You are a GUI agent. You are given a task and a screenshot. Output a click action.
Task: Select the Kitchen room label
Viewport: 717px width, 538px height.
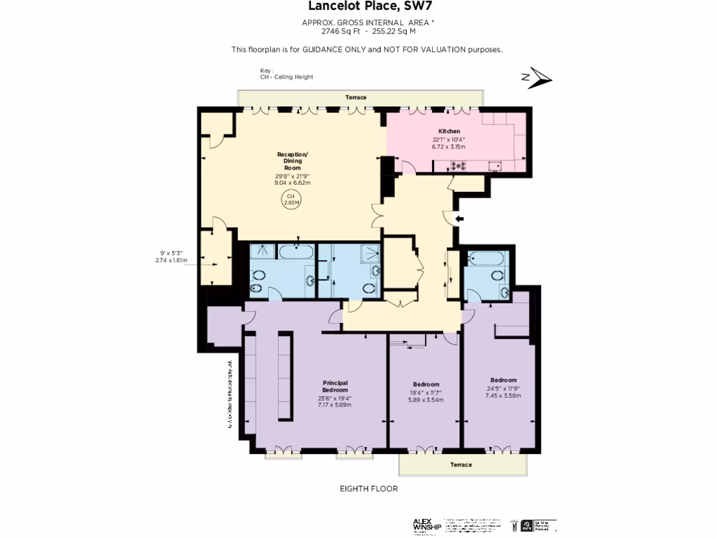pos(449,131)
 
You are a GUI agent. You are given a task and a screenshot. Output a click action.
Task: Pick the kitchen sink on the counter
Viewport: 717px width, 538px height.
pos(495,166)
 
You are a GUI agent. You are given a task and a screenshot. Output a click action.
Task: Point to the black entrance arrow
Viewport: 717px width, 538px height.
pos(459,219)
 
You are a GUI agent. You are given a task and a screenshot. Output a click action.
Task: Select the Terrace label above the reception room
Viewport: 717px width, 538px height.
pos(356,97)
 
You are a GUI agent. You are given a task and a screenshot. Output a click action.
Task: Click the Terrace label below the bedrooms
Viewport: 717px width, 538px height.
pos(461,465)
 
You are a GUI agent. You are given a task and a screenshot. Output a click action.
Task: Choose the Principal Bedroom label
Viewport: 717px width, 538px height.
pos(335,386)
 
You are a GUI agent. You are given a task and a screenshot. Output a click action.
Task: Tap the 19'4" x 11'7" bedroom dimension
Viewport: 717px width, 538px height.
pos(426,393)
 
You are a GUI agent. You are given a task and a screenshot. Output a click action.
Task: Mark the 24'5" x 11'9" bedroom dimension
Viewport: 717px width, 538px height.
pos(503,389)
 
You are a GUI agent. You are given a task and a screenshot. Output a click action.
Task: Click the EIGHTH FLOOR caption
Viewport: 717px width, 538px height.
pos(368,489)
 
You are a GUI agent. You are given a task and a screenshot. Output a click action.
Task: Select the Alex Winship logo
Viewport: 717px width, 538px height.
pos(426,525)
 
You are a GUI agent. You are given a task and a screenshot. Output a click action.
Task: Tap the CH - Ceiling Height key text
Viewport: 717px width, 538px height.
pos(286,77)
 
